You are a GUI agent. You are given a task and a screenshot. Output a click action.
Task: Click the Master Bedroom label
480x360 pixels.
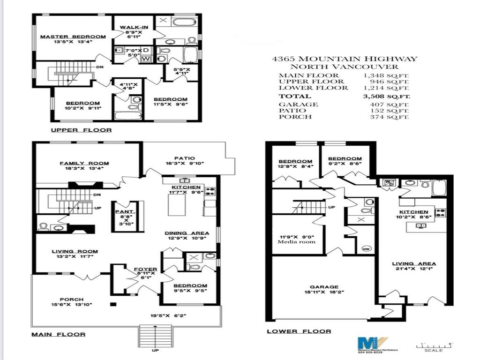[73, 37]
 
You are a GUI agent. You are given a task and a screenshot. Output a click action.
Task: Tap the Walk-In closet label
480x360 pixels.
[134, 27]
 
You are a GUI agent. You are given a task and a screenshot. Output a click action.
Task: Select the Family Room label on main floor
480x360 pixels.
[84, 163]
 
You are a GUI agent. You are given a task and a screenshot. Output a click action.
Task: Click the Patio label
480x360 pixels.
[183, 158]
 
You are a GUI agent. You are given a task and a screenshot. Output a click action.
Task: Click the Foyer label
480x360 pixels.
[146, 270]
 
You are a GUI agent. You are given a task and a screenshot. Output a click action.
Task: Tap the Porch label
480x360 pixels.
[72, 299]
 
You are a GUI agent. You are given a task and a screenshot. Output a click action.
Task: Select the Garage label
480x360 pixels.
[324, 287]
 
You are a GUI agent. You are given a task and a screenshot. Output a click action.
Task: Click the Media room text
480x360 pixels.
[296, 242]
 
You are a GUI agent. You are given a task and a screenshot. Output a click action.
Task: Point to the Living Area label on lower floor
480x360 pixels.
[414, 263]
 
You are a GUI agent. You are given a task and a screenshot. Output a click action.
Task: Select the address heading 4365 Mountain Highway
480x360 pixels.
[345, 59]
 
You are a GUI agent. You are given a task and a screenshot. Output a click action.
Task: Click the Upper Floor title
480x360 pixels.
[81, 130]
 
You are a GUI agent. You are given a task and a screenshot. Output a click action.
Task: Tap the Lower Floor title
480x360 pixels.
[299, 331]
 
